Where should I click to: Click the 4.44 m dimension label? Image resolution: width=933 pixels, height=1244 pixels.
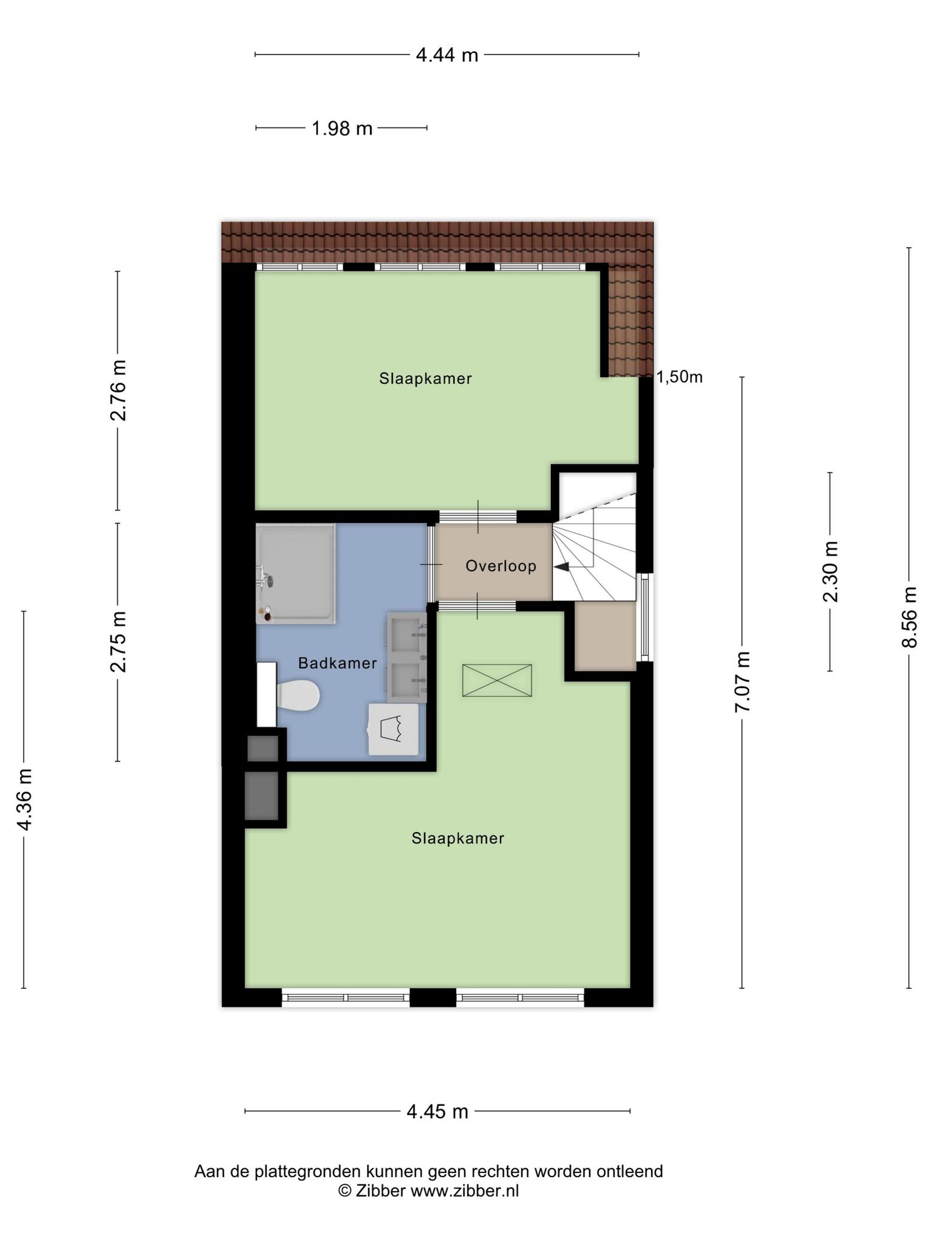(x=447, y=55)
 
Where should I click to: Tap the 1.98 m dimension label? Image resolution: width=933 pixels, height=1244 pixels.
(x=342, y=128)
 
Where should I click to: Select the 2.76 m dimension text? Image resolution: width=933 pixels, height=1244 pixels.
(x=118, y=391)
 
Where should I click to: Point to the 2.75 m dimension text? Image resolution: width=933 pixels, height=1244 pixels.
(x=118, y=642)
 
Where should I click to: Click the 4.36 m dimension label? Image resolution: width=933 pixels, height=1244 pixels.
(x=24, y=799)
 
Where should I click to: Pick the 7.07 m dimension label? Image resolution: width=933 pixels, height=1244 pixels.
(x=742, y=682)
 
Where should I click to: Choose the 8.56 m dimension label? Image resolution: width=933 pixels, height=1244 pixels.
(x=909, y=617)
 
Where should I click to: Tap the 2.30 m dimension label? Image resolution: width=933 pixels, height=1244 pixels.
(x=830, y=572)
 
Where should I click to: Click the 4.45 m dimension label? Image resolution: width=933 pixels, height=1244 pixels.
(x=437, y=1112)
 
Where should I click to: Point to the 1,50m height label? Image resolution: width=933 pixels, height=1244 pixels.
(x=680, y=377)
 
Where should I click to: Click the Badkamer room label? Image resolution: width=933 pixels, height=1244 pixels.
(x=338, y=663)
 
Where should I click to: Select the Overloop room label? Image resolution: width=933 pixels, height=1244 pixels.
(x=501, y=566)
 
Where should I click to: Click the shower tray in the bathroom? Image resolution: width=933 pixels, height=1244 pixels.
(x=296, y=573)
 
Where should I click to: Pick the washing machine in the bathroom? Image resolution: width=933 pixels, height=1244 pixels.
(x=394, y=729)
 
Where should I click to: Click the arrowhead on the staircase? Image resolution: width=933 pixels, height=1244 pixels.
(x=561, y=567)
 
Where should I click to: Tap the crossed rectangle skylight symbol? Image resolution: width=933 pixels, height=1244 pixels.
(x=497, y=680)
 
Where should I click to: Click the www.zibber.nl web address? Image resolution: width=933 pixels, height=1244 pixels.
(x=465, y=1191)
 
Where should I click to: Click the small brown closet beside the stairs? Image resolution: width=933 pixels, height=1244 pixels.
(x=605, y=636)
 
